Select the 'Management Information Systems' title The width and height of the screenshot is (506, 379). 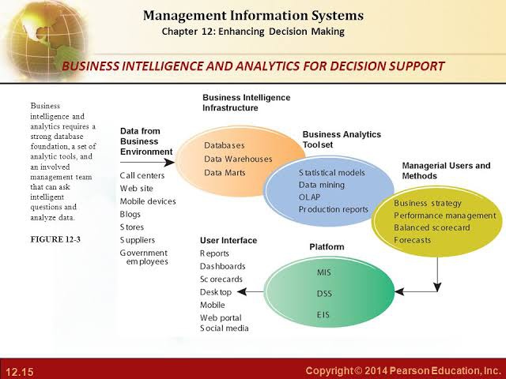point(253,16)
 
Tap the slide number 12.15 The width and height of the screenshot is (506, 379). point(19,372)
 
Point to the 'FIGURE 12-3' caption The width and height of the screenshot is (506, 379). point(55,239)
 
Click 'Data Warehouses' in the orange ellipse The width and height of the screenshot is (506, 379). point(238,159)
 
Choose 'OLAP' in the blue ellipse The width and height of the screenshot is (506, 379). point(309,197)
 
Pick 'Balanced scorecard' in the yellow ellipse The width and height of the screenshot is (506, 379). point(432,228)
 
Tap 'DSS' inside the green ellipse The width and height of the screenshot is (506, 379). point(324,294)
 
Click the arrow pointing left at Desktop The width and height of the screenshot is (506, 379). point(251,292)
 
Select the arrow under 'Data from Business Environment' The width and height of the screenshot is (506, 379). point(147,162)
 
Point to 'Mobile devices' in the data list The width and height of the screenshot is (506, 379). point(148,201)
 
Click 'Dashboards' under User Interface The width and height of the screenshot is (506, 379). point(223,267)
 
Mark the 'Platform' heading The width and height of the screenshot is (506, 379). point(327,247)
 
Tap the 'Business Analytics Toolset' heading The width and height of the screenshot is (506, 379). point(342,140)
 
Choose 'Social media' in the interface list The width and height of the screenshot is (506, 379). point(225,328)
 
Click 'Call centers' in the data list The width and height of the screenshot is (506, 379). point(142,175)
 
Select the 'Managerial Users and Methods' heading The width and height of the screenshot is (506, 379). point(446,171)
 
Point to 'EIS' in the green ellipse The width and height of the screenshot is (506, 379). point(323,314)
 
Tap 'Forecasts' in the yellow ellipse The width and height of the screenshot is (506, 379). point(413,240)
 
